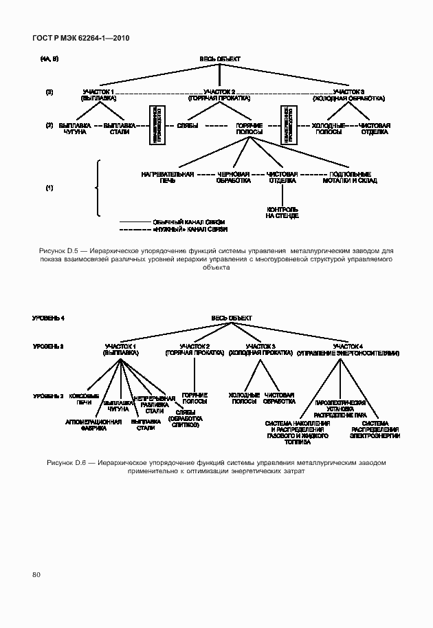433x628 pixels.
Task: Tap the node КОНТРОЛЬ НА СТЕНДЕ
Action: point(282,212)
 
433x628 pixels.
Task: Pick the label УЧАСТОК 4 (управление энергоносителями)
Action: point(348,349)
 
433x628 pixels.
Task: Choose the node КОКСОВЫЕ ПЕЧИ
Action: point(89,399)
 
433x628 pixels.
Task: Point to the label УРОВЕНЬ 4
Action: point(48,318)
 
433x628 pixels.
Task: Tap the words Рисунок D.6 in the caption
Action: point(66,462)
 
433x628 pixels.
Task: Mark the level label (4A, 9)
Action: point(49,60)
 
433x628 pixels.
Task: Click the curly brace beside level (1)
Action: point(98,187)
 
